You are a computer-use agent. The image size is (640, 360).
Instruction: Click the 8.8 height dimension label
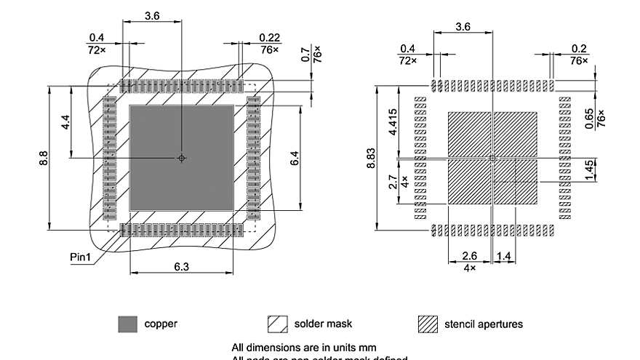point(44,158)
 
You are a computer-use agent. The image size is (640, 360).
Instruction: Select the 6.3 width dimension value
point(182,267)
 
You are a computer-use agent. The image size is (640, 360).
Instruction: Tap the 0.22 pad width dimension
point(270,38)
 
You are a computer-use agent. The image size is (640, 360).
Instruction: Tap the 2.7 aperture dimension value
point(393,181)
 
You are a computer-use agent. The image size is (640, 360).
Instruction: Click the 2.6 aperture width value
point(470,257)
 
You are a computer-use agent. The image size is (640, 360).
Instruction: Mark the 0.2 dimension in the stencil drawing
point(579,49)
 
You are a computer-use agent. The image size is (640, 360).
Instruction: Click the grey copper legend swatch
point(127,324)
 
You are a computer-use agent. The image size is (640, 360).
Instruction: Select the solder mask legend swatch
point(278,324)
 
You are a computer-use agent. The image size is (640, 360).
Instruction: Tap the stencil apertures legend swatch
point(428,324)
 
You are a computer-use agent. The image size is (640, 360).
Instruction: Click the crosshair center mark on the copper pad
point(182,158)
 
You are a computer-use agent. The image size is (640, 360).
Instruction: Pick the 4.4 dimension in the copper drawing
point(65,122)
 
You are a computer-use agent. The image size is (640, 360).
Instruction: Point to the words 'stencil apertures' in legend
point(484,324)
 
